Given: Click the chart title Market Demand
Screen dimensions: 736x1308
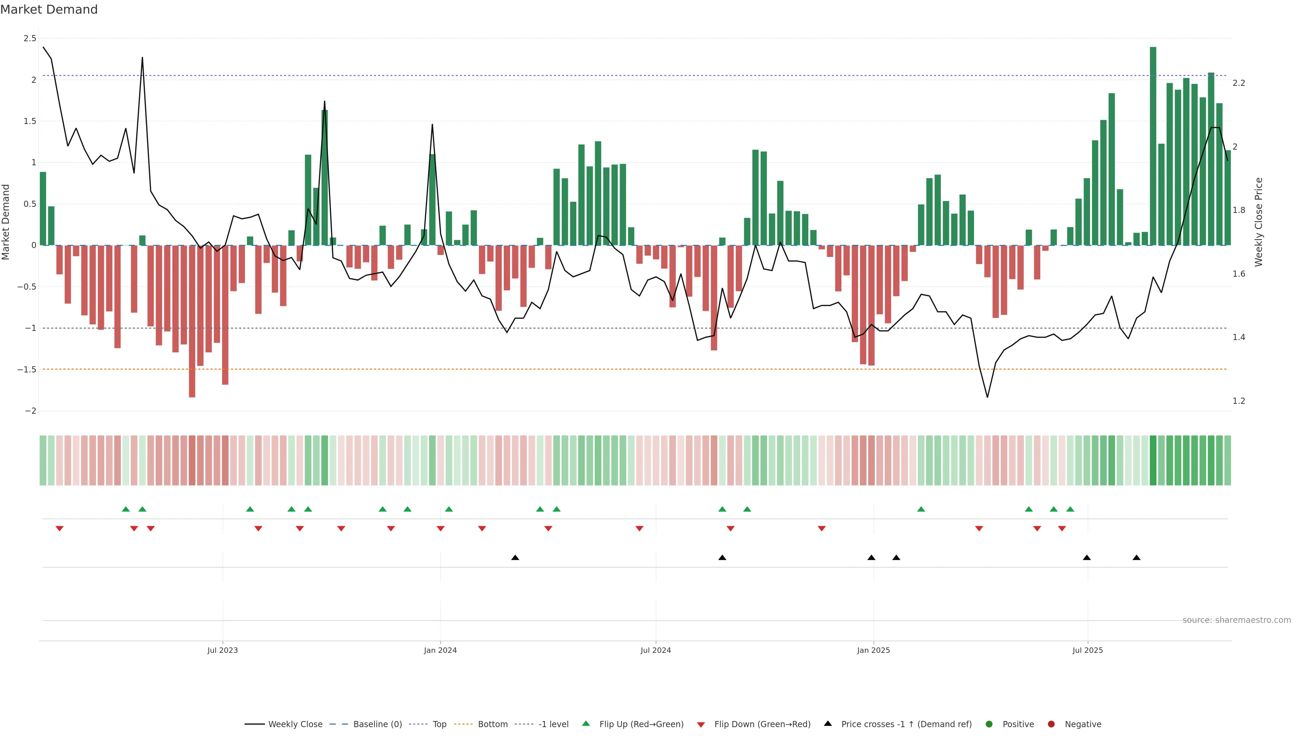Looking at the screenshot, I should pyautogui.click(x=49, y=10).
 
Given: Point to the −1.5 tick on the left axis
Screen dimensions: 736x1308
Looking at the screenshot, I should pyautogui.click(x=27, y=370).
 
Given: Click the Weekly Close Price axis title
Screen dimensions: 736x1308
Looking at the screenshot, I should pyautogui.click(x=1258, y=222).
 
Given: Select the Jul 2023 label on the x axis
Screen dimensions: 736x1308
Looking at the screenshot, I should pyautogui.click(x=222, y=650).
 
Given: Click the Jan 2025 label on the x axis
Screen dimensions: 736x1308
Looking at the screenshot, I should pyautogui.click(x=873, y=650).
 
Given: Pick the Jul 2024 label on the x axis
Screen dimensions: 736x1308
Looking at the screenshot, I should pyautogui.click(x=655, y=650).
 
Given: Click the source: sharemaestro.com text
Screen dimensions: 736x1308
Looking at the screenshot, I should pyautogui.click(x=1236, y=620).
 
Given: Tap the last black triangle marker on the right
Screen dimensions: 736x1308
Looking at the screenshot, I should pyautogui.click(x=1136, y=558).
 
